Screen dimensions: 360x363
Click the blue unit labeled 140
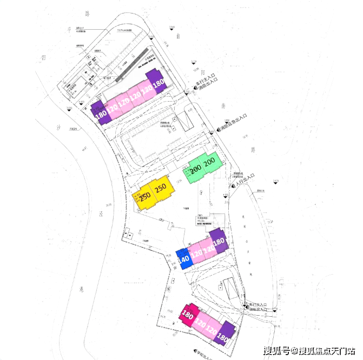click(182, 258)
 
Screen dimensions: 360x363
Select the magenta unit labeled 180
click(188, 314)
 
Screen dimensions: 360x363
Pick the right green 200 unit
click(209, 162)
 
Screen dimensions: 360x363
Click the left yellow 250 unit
click(144, 196)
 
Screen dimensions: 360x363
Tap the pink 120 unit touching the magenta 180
click(200, 321)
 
